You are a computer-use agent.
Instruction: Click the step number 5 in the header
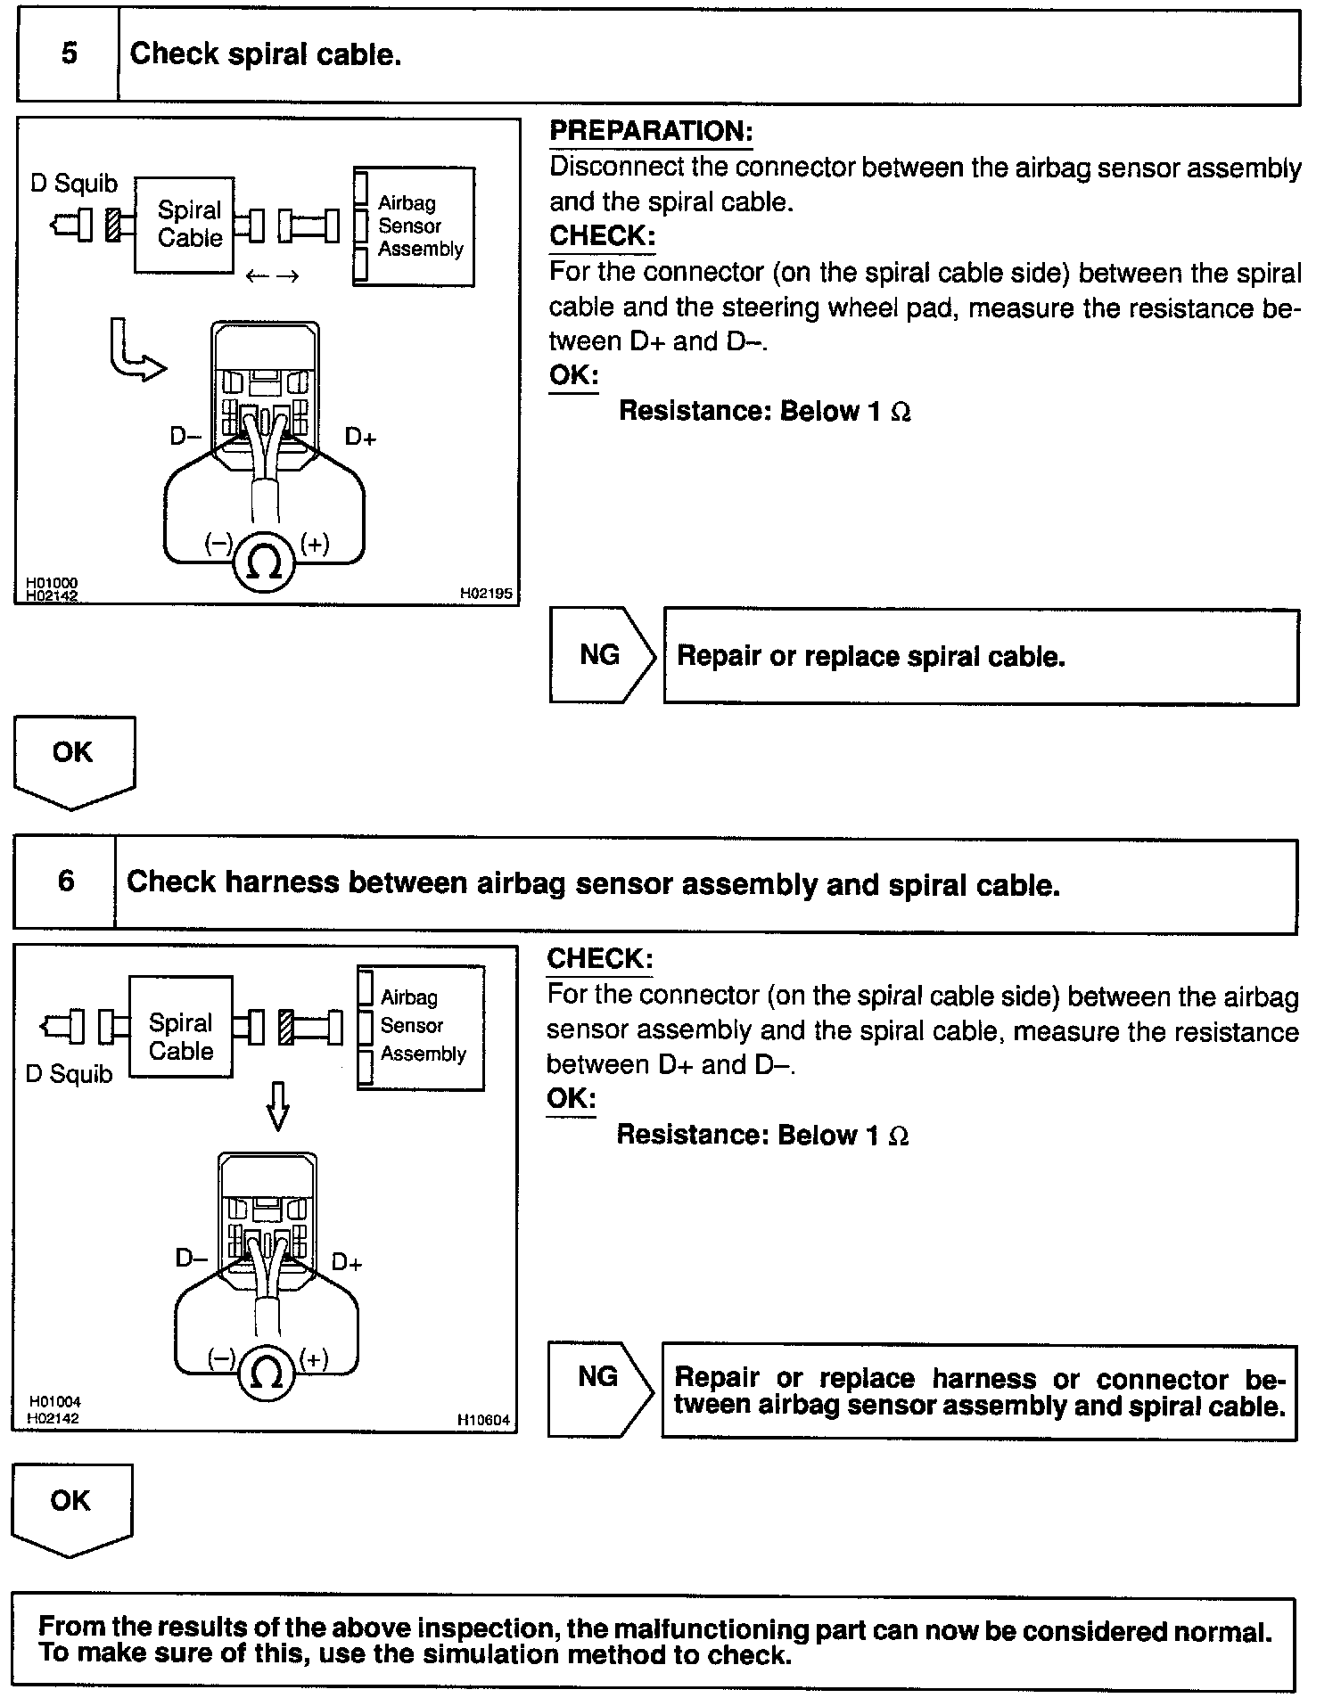[x=69, y=53]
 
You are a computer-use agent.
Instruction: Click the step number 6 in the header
[x=66, y=882]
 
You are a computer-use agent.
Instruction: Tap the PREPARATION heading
[x=651, y=132]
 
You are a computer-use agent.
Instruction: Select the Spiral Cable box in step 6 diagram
[x=181, y=1037]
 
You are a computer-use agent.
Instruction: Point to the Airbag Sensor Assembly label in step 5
[x=419, y=226]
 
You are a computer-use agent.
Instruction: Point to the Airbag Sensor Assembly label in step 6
[x=423, y=1026]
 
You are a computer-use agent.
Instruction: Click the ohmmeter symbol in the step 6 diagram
[x=267, y=1374]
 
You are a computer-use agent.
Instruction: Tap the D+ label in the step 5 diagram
[x=360, y=437]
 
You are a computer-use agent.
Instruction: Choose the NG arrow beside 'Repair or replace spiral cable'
[x=601, y=655]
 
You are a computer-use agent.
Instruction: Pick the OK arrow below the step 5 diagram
[x=73, y=758]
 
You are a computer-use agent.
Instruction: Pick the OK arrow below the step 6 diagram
[x=70, y=1505]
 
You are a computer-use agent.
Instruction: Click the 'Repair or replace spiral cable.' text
[x=871, y=657]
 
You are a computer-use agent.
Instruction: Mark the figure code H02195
[x=486, y=592]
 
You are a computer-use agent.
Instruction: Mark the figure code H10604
[x=483, y=1420]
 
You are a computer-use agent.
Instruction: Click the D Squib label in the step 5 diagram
[x=74, y=184]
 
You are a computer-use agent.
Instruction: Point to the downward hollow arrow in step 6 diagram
[x=278, y=1105]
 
